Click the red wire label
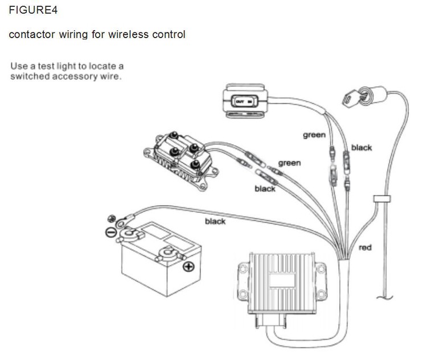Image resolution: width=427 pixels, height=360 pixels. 365,248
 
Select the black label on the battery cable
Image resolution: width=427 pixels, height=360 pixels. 215,221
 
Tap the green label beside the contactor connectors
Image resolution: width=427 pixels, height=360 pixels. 289,163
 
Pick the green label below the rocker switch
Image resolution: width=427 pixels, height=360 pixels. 314,135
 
